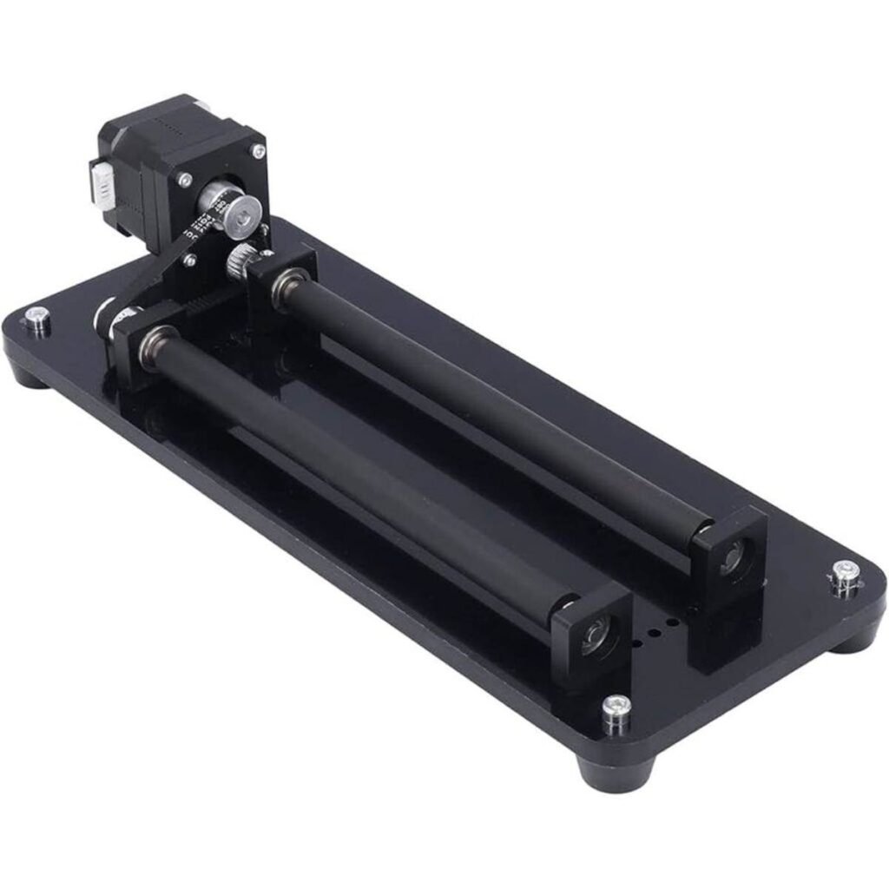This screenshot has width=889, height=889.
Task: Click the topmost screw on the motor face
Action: tap(257, 151)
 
